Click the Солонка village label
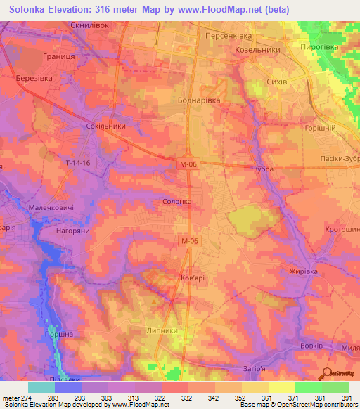pos(177,201)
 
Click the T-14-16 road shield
pos(77,163)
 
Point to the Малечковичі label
pos(51,208)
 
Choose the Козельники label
pos(258,50)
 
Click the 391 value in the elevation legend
pos(347,397)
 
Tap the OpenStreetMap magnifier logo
pos(328,373)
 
